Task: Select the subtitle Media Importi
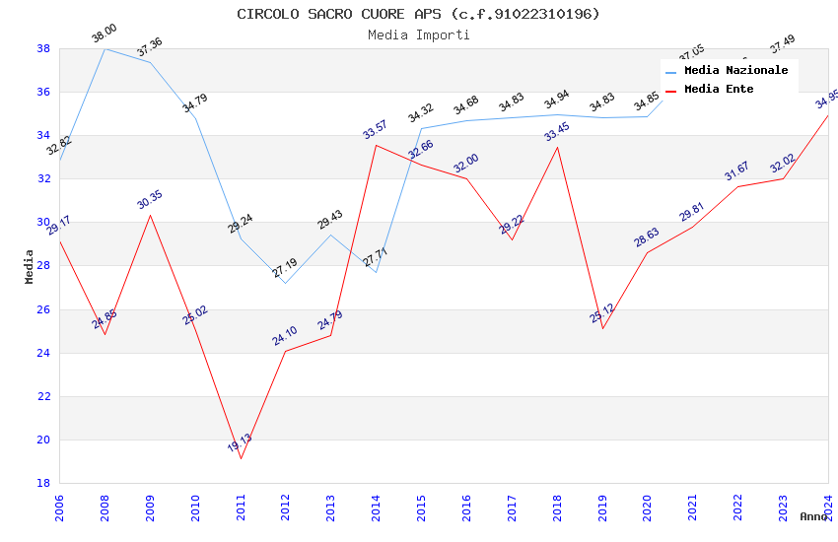(418, 34)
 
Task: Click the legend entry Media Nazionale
(735, 71)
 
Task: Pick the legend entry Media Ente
(719, 89)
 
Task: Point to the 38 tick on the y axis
(43, 48)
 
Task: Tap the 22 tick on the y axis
(43, 396)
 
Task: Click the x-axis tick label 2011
(241, 508)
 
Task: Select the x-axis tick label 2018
(557, 508)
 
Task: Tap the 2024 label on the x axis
(828, 508)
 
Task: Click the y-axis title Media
(30, 266)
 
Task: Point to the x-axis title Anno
(813, 516)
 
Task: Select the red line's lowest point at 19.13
(241, 458)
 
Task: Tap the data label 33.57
(375, 130)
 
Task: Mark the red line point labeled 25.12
(602, 328)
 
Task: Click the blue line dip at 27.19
(286, 283)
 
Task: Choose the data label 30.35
(150, 200)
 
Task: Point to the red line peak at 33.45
(557, 148)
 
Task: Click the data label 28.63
(647, 237)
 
